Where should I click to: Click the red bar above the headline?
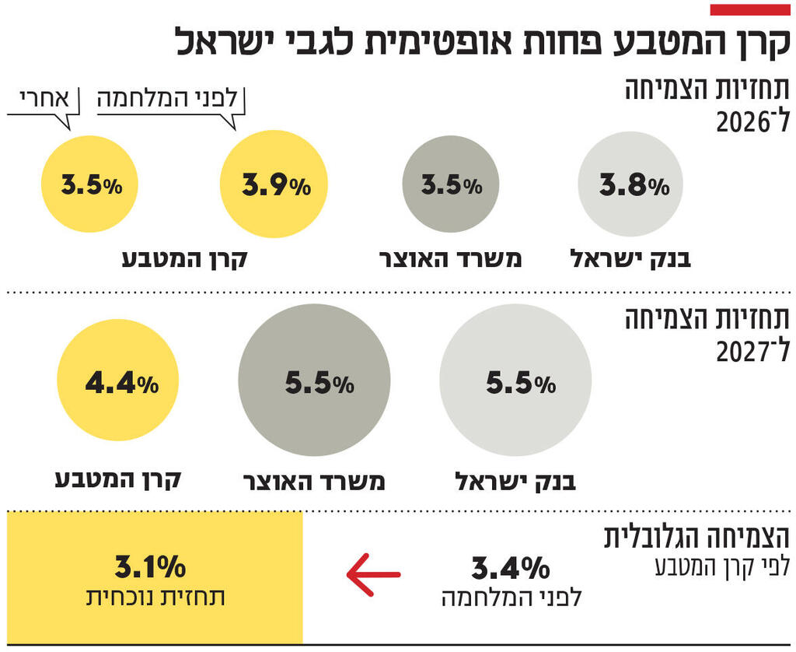[750, 9]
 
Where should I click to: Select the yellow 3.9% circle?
[274, 184]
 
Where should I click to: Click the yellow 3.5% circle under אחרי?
[89, 184]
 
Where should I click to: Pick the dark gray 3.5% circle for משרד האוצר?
[450, 184]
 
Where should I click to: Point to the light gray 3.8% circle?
[630, 184]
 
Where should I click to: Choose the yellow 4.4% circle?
[117, 380]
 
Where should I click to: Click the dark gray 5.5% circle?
[314, 380]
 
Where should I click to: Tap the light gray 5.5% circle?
[515, 380]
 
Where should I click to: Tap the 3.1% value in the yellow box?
[150, 566]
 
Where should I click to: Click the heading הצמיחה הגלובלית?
[697, 538]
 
